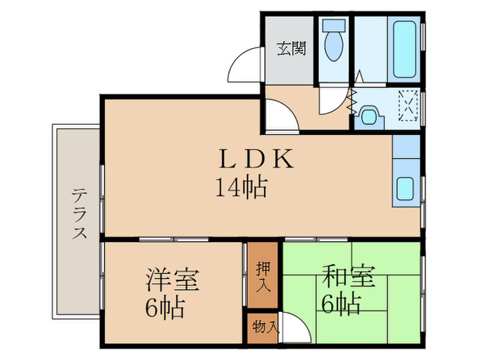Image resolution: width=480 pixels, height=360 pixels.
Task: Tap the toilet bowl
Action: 335,47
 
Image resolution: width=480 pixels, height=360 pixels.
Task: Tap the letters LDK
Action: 256,160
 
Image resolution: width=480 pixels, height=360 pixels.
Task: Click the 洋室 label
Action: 172,280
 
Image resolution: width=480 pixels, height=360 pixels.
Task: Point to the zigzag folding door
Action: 352,101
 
